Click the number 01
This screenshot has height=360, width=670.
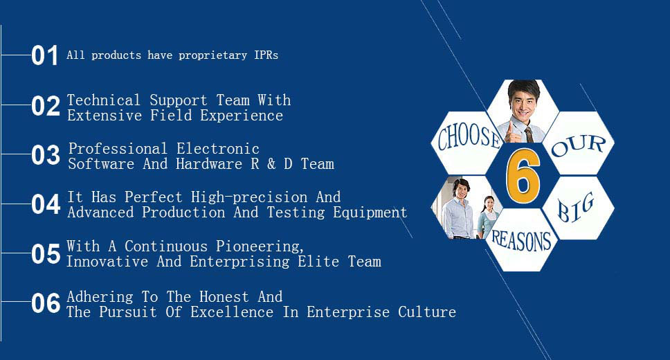point(44,55)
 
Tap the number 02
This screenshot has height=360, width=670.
point(45,106)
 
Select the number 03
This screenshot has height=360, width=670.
point(45,155)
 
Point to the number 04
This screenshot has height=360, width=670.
point(45,204)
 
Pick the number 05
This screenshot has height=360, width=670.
point(45,253)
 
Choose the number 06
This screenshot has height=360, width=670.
point(45,303)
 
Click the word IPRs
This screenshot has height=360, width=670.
point(266,55)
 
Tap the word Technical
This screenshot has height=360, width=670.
point(104,100)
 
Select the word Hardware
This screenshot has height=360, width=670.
point(209,164)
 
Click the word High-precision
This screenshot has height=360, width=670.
point(249,197)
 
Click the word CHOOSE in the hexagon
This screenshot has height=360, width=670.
point(469,137)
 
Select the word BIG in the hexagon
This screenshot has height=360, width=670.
point(575,208)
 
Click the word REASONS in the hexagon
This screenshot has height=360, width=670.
point(521,240)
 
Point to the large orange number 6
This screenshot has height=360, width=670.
point(523,176)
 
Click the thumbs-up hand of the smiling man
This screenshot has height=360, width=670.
point(511,132)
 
